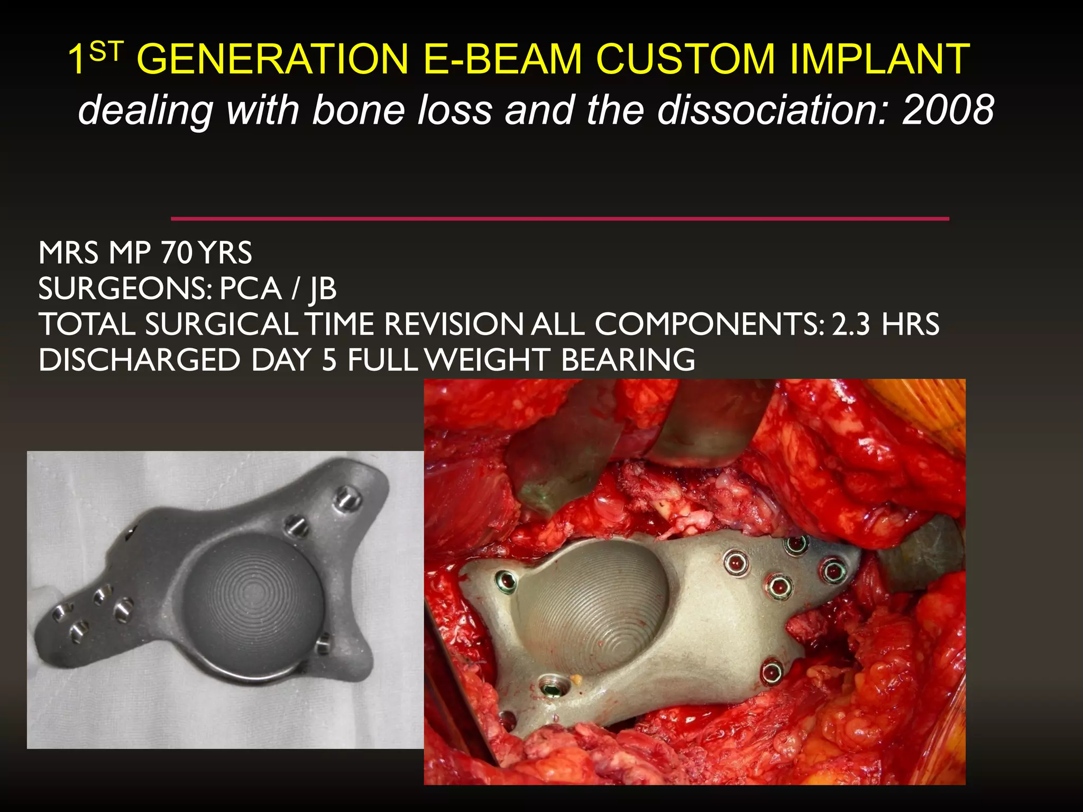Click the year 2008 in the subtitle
click(948, 110)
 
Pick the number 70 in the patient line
click(177, 253)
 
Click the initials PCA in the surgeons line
click(250, 289)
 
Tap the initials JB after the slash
click(323, 289)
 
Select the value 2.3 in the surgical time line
click(850, 325)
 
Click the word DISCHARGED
click(139, 360)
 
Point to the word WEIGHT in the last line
click(488, 360)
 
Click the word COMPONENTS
click(709, 325)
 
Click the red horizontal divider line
click(559, 218)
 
